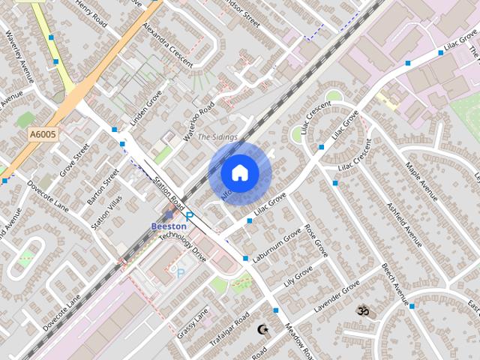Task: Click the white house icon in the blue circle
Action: click(x=239, y=172)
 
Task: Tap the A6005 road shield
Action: click(x=44, y=134)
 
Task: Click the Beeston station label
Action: click(x=169, y=226)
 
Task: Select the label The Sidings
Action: click(x=217, y=137)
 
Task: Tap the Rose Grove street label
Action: click(x=316, y=238)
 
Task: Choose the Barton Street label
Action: click(x=103, y=185)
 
